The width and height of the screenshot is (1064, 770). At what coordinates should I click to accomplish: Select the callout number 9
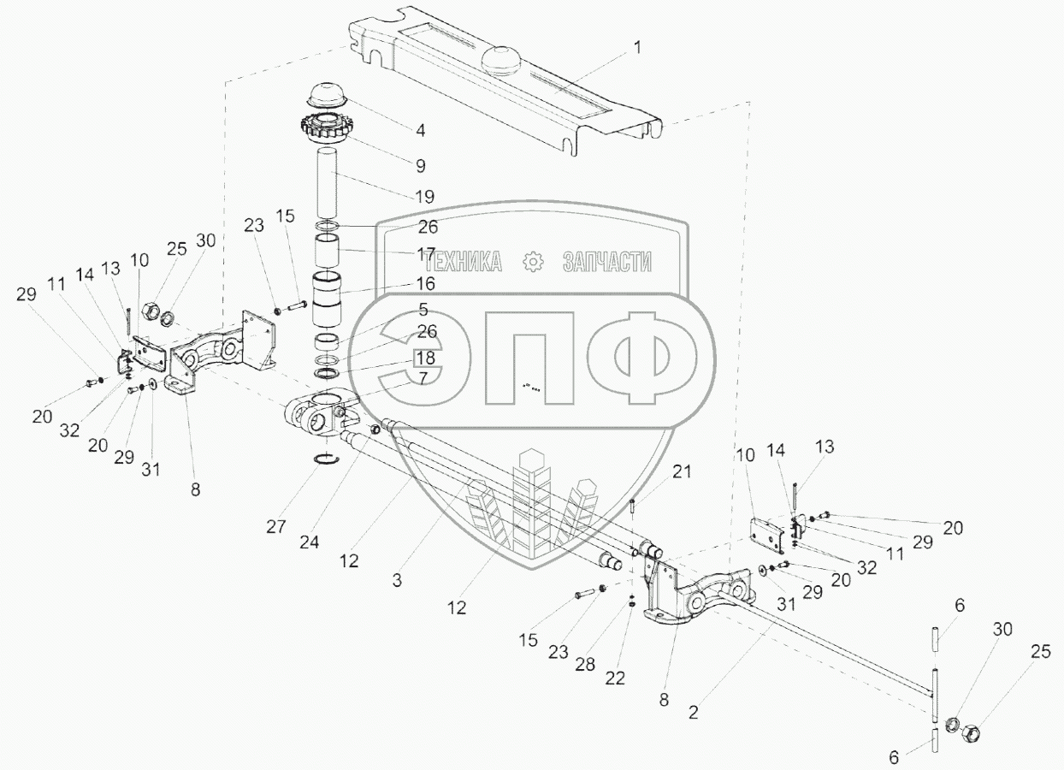[420, 165]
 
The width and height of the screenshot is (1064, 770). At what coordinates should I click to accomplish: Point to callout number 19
[424, 197]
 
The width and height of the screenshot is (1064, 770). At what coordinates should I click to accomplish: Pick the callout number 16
[425, 283]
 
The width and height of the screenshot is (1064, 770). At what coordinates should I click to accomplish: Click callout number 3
[397, 579]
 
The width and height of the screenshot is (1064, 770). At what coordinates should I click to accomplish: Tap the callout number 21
[681, 471]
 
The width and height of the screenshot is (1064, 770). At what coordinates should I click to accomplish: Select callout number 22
[614, 678]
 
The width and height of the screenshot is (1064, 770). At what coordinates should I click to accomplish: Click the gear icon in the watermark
[532, 262]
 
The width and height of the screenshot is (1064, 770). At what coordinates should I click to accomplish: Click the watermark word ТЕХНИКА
[463, 262]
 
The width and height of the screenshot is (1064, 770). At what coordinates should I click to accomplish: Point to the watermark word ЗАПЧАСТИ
[606, 262]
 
